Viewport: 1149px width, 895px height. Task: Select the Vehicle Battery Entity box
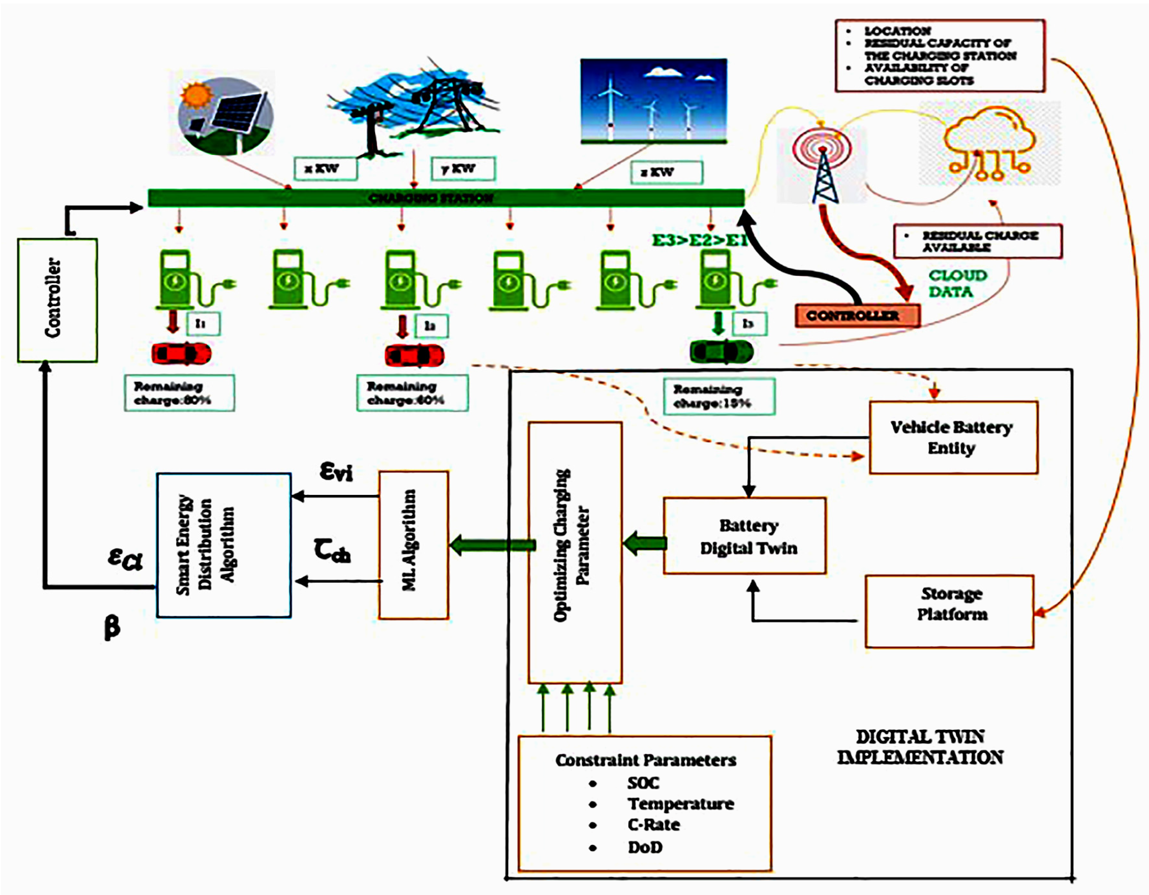pos(953,438)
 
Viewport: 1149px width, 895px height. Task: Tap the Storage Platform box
pos(950,611)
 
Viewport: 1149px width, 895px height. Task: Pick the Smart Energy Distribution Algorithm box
pos(224,545)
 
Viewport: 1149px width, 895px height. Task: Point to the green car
pos(721,351)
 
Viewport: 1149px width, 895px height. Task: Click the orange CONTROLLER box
pos(857,315)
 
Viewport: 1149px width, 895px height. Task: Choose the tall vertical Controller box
pos(57,300)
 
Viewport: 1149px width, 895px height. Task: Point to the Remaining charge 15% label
pos(719,396)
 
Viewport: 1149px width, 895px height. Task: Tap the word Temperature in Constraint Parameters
pos(680,803)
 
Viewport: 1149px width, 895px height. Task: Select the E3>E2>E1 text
pos(700,240)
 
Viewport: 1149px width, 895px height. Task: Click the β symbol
pos(111,627)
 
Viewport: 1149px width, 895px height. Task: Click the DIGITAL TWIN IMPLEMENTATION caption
pos(919,747)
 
